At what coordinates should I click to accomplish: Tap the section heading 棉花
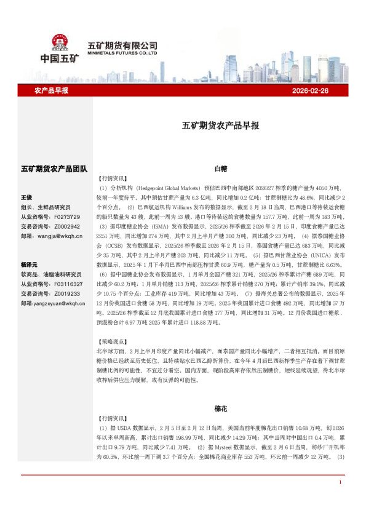click(221, 407)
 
